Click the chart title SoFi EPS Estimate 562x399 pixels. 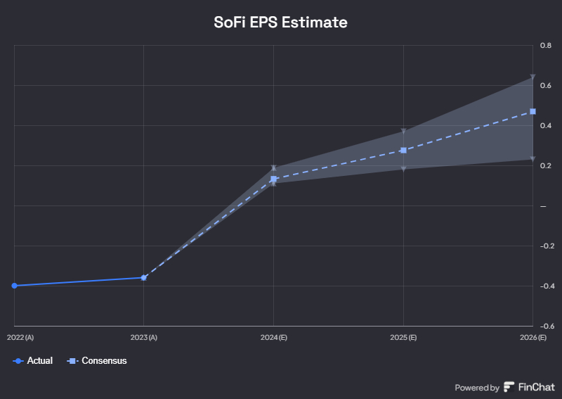click(x=280, y=23)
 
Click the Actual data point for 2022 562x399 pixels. click(x=14, y=286)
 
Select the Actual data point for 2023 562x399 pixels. click(x=144, y=277)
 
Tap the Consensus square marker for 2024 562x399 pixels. click(x=273, y=179)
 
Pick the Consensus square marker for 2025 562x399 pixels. click(x=403, y=151)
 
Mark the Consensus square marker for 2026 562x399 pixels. click(x=532, y=111)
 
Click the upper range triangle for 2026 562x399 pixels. click(x=532, y=77)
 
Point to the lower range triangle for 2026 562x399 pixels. click(x=532, y=159)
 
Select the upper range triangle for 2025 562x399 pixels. click(x=403, y=132)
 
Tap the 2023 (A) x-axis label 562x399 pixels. click(x=144, y=338)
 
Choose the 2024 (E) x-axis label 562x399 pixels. click(x=273, y=338)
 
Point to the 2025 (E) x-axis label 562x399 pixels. click(x=403, y=338)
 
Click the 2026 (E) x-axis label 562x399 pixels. click(x=532, y=338)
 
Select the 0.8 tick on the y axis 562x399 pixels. click(x=545, y=45)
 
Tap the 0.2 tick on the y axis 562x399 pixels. click(x=545, y=165)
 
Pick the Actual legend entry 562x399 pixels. click(x=33, y=361)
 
